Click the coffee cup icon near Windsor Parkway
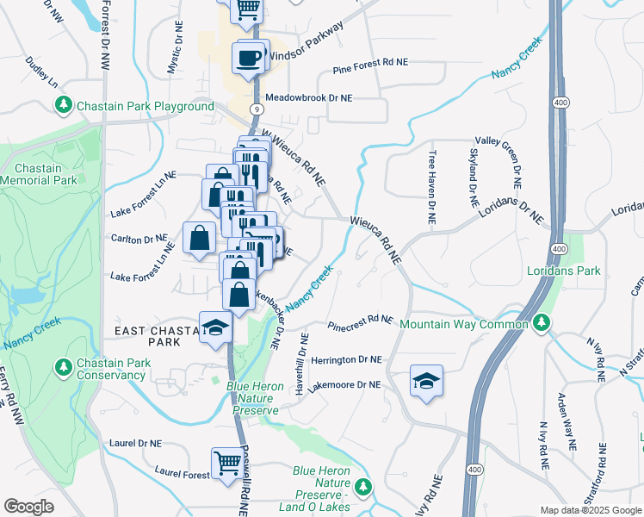[249, 58]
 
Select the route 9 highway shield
[257, 109]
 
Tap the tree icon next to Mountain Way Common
[541, 324]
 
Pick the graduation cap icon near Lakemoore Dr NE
[426, 382]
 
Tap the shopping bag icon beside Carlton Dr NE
[199, 237]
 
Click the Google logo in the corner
[28, 507]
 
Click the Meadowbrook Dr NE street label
[309, 98]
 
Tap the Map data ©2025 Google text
[591, 510]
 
